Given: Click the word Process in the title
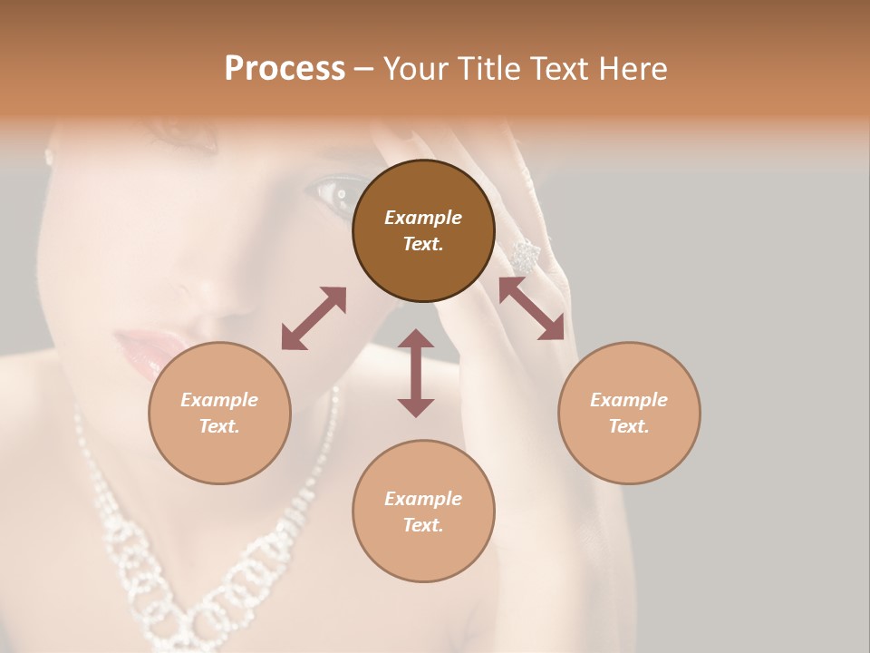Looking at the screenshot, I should [x=285, y=69].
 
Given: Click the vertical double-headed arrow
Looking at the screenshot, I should [x=416, y=373].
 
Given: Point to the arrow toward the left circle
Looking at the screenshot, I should [x=314, y=318].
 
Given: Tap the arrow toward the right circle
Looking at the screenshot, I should [x=531, y=308].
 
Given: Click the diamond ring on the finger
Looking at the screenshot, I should [x=525, y=255].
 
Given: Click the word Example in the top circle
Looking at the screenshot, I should [x=423, y=218].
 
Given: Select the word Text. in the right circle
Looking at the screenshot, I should [x=629, y=426].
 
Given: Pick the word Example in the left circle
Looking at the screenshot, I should [x=219, y=400].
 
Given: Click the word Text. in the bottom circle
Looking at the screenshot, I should [x=423, y=525].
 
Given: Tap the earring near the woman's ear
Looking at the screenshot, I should [x=49, y=156].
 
